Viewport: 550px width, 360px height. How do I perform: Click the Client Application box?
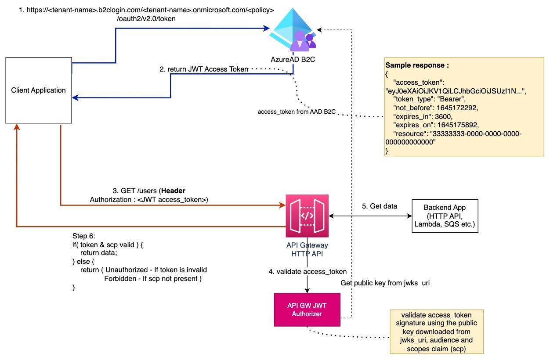[x=39, y=90]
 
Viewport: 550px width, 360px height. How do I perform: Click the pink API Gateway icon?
[x=307, y=216]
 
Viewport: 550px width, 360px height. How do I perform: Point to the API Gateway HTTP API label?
[x=307, y=249]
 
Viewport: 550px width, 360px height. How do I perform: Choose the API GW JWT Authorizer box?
[x=307, y=310]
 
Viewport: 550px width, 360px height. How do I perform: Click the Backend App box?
[x=444, y=216]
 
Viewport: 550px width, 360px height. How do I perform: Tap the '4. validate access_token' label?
[x=308, y=271]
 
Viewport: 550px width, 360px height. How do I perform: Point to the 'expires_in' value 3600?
[x=451, y=116]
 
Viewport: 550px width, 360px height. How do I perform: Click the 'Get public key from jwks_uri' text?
[x=385, y=283]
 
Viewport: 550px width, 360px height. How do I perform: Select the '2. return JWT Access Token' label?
[x=204, y=69]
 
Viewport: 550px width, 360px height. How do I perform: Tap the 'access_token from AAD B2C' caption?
[x=297, y=112]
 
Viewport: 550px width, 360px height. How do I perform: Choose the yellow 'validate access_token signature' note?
[x=436, y=331]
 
